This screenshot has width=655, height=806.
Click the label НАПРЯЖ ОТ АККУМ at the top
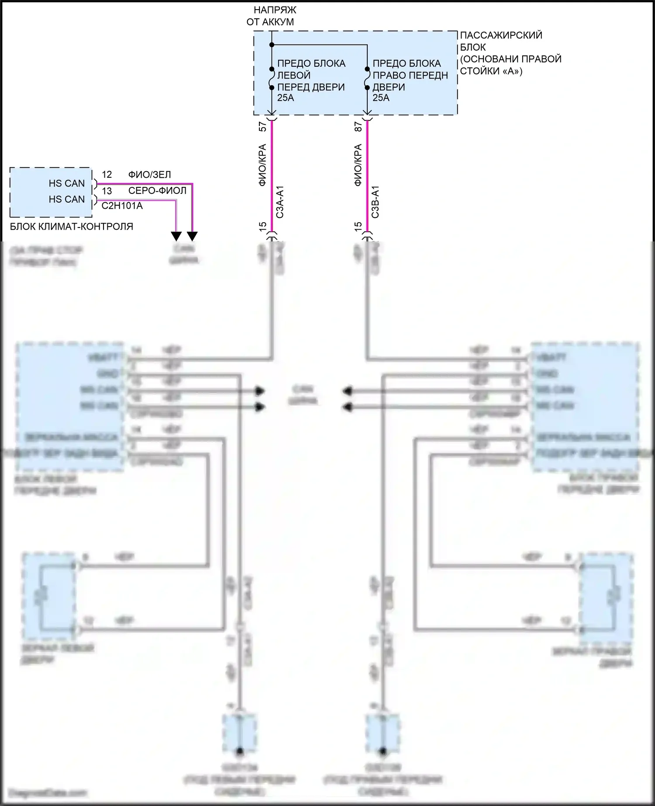[x=270, y=16]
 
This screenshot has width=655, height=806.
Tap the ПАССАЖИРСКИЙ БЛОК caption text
[x=501, y=41]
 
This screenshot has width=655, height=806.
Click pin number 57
[x=262, y=127]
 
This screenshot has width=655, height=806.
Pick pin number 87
[x=359, y=127]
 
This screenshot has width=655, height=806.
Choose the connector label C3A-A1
[x=280, y=202]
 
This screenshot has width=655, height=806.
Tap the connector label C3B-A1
[x=376, y=202]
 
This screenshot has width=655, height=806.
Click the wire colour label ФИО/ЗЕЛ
[x=149, y=175]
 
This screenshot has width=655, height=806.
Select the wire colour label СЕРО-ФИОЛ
[x=157, y=191]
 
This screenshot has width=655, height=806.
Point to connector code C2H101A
[x=122, y=206]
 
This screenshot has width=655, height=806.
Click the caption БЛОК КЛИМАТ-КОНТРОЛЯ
[x=71, y=227]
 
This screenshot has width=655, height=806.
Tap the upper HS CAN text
[x=66, y=183]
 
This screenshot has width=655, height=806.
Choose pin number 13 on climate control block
[x=107, y=191]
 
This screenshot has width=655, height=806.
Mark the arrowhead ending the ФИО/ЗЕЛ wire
[x=192, y=236]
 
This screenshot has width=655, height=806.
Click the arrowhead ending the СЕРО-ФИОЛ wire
[x=176, y=236]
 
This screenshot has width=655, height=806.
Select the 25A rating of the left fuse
[x=286, y=98]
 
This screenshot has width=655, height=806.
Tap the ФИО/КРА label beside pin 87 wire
[x=358, y=165]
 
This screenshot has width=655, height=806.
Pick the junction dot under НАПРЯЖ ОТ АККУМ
[x=272, y=45]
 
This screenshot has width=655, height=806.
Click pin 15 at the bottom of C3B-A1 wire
[x=358, y=226]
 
